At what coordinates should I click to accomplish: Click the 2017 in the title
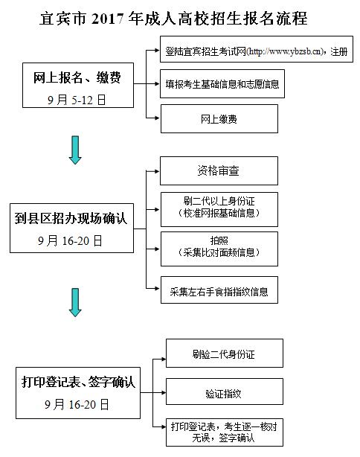pyautogui.click(x=107, y=19)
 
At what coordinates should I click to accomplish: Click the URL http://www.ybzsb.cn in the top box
pyautogui.click(x=285, y=51)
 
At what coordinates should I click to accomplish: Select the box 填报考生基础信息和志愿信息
pyautogui.click(x=222, y=84)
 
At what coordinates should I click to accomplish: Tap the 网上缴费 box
pyautogui.click(x=219, y=119)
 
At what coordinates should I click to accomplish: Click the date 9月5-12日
pyautogui.click(x=77, y=100)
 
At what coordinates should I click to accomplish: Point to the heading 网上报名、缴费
pyautogui.click(x=77, y=78)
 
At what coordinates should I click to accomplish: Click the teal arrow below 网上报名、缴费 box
pyautogui.click(x=75, y=150)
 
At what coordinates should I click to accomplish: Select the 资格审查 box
pyautogui.click(x=219, y=170)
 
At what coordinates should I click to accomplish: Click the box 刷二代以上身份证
pyautogui.click(x=219, y=210)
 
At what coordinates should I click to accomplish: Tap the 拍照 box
pyautogui.click(x=219, y=249)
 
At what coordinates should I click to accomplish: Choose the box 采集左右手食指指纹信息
pyautogui.click(x=219, y=290)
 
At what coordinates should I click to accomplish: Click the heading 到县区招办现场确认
pyautogui.click(x=71, y=219)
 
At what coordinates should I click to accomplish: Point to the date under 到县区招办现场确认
pyautogui.click(x=70, y=240)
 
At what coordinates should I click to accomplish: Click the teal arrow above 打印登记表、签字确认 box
pyautogui.click(x=75, y=302)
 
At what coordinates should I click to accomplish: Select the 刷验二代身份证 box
pyautogui.click(x=225, y=354)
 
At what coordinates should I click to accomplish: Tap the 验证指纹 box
pyautogui.click(x=225, y=392)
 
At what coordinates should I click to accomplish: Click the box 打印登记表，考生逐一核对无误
pyautogui.click(x=225, y=432)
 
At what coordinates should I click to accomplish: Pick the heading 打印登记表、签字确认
pyautogui.click(x=78, y=382)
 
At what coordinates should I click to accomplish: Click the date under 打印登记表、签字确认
pyautogui.click(x=77, y=405)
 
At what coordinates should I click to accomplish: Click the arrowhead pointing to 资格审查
pyautogui.click(x=157, y=171)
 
